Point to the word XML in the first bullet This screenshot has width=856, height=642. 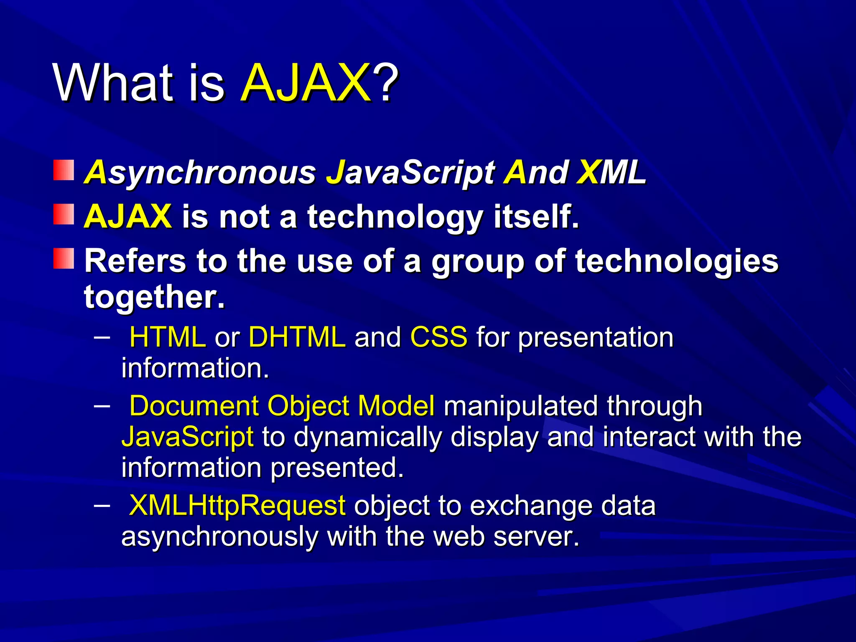click(x=611, y=172)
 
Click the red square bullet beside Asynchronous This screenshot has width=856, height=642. click(x=64, y=170)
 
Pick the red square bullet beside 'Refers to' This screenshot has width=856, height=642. click(x=64, y=258)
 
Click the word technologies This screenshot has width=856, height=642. click(x=677, y=261)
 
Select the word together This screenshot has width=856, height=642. click(x=154, y=297)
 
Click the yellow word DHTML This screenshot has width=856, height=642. click(x=297, y=337)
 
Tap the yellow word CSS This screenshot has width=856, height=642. click(x=438, y=337)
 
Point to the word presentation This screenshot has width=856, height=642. click(x=596, y=338)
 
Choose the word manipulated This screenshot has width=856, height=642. click(x=520, y=406)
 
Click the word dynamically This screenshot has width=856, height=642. click(x=367, y=437)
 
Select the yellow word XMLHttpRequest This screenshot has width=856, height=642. click(x=237, y=506)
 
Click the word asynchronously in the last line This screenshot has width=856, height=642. click(x=219, y=537)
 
